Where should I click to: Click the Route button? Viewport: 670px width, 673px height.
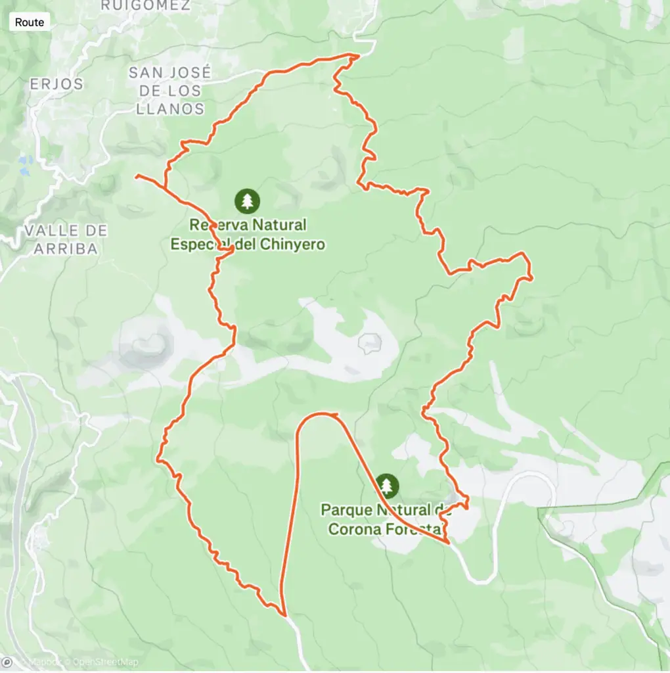(x=30, y=22)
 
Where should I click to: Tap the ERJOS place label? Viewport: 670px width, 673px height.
(x=56, y=84)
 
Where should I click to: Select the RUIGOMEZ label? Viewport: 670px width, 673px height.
(x=146, y=6)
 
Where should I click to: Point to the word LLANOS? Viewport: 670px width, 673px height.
(x=170, y=108)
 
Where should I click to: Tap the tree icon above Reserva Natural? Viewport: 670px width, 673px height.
(x=247, y=200)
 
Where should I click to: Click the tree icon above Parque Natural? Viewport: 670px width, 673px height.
(x=388, y=486)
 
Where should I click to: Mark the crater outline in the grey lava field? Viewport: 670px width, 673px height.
(x=370, y=342)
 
